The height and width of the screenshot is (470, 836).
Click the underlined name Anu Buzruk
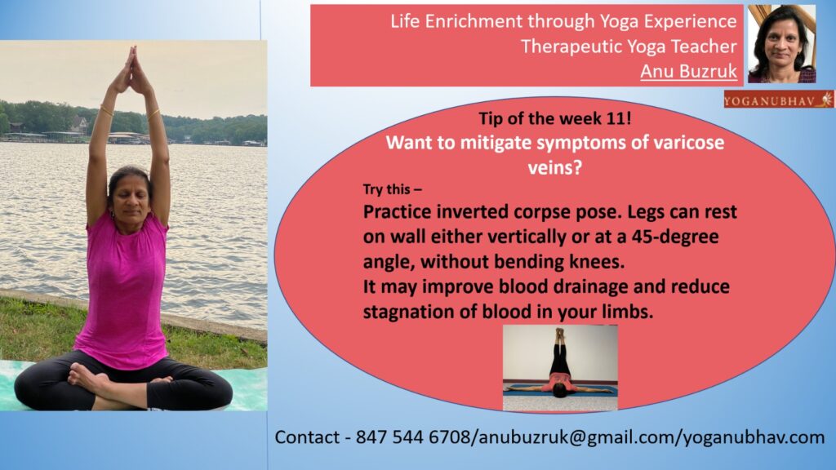[688, 71]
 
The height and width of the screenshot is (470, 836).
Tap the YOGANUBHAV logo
[778, 100]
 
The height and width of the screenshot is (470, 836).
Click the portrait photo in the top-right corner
[781, 44]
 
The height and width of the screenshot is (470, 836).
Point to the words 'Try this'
[387, 189]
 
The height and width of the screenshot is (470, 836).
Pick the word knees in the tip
[597, 262]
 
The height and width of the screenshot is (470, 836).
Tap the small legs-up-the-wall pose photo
[560, 368]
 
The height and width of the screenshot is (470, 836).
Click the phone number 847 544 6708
[413, 437]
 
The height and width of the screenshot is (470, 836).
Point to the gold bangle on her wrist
[153, 114]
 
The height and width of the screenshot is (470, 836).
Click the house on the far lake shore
[79, 125]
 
